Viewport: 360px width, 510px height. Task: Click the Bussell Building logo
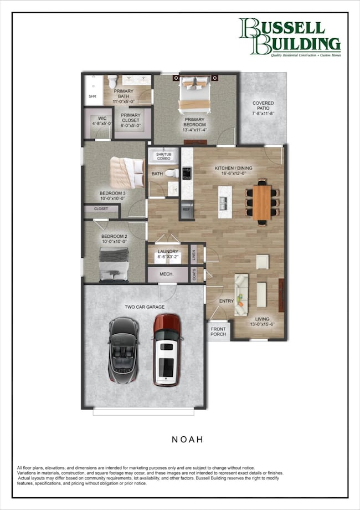[289, 37]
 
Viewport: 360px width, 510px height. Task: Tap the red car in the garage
[167, 350]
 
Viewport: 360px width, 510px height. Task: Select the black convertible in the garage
[123, 350]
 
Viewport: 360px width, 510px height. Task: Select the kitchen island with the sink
[225, 198]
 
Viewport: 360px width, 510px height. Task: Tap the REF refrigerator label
[187, 211]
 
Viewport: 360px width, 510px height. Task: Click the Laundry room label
[168, 252]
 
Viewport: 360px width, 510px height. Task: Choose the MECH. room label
[167, 274]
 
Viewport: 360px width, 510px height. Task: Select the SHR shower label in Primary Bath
[92, 96]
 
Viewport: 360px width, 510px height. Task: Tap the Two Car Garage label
[145, 307]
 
